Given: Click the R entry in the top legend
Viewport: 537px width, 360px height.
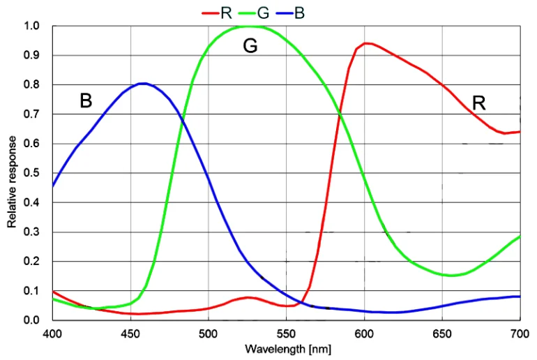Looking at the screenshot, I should [x=225, y=13].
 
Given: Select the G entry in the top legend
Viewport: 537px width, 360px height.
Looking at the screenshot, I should [x=263, y=13].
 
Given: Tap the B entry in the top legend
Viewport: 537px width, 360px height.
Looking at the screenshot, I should [x=299, y=13].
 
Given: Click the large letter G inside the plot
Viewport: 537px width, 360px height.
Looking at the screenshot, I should [x=250, y=47].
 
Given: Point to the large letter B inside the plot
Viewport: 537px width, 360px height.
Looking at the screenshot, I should [x=86, y=101].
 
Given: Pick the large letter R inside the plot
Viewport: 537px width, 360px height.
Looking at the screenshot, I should [x=478, y=103].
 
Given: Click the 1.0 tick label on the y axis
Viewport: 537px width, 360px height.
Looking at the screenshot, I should [x=31, y=27].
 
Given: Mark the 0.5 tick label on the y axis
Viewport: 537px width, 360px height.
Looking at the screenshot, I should [x=31, y=174].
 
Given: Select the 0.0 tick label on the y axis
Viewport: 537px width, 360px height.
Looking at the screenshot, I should [x=31, y=321].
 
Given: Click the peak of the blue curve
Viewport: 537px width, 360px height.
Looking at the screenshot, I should [x=143, y=84].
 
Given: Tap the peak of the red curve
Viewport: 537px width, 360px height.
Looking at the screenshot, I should [x=366, y=43].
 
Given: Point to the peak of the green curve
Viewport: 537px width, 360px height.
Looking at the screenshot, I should [x=250, y=27].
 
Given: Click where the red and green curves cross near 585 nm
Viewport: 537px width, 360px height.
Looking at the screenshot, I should [x=340, y=114].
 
